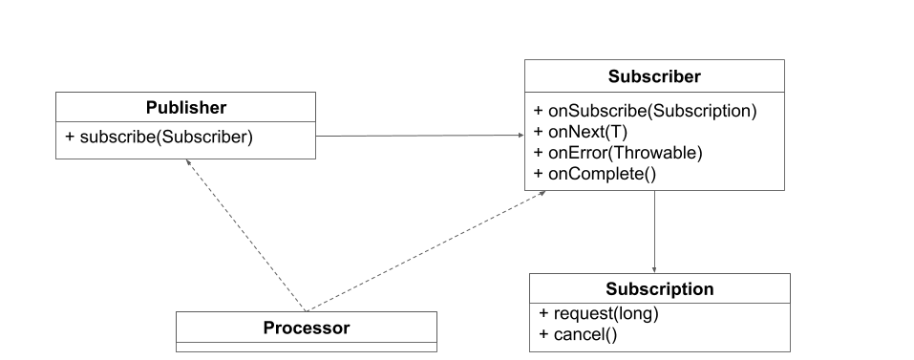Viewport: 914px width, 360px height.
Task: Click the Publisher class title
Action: click(x=186, y=108)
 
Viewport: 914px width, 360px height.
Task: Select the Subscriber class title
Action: click(x=654, y=76)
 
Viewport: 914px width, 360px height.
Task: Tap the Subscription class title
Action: click(x=660, y=289)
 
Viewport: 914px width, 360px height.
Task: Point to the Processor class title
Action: click(x=307, y=328)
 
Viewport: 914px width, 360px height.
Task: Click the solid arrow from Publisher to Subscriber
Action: click(x=419, y=136)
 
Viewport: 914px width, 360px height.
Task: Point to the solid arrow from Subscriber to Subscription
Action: click(x=654, y=232)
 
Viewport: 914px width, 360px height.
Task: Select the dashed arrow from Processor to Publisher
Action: click(x=246, y=235)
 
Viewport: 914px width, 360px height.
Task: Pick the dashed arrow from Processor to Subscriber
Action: click(x=426, y=251)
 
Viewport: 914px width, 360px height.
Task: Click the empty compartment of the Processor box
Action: click(x=307, y=348)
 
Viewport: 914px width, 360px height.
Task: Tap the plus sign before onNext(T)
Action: click(x=538, y=132)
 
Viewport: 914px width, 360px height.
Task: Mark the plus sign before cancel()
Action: click(x=543, y=334)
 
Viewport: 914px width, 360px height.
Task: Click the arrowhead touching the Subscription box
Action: click(x=654, y=270)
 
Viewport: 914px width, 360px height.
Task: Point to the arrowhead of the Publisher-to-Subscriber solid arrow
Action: click(x=521, y=136)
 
